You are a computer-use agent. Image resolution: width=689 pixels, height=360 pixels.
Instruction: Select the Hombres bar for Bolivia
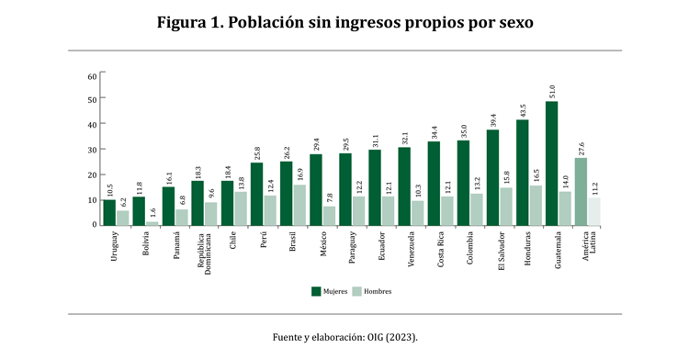click(x=152, y=222)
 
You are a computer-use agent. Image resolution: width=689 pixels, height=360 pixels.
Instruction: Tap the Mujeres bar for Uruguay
click(x=109, y=212)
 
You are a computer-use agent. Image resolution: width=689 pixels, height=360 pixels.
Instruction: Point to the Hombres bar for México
click(x=329, y=216)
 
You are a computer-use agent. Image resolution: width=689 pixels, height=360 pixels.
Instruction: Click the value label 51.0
click(x=551, y=91)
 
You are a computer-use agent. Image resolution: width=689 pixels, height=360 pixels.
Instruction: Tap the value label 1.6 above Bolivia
click(x=152, y=212)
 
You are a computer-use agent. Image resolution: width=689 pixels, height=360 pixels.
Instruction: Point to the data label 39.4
click(x=492, y=119)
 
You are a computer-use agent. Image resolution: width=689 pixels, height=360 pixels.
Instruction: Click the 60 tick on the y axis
click(x=92, y=75)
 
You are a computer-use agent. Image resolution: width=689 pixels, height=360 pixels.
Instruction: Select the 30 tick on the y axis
click(x=92, y=150)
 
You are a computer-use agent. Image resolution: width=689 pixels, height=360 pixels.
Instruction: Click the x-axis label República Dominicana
click(x=201, y=254)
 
